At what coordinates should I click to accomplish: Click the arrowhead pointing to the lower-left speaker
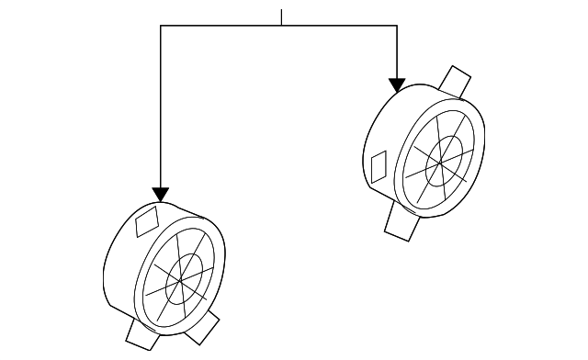pos(161,194)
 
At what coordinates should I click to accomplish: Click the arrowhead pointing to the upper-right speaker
pos(397,85)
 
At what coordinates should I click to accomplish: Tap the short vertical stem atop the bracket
pos(282,17)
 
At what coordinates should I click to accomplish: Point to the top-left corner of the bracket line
pos(161,26)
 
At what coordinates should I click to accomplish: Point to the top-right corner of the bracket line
pos(397,26)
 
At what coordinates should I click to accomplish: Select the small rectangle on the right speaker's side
pos(378,166)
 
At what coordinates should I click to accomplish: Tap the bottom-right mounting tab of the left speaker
pos(205,327)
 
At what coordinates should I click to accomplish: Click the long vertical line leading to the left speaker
pos(161,110)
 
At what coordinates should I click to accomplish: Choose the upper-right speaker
pos(427,152)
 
